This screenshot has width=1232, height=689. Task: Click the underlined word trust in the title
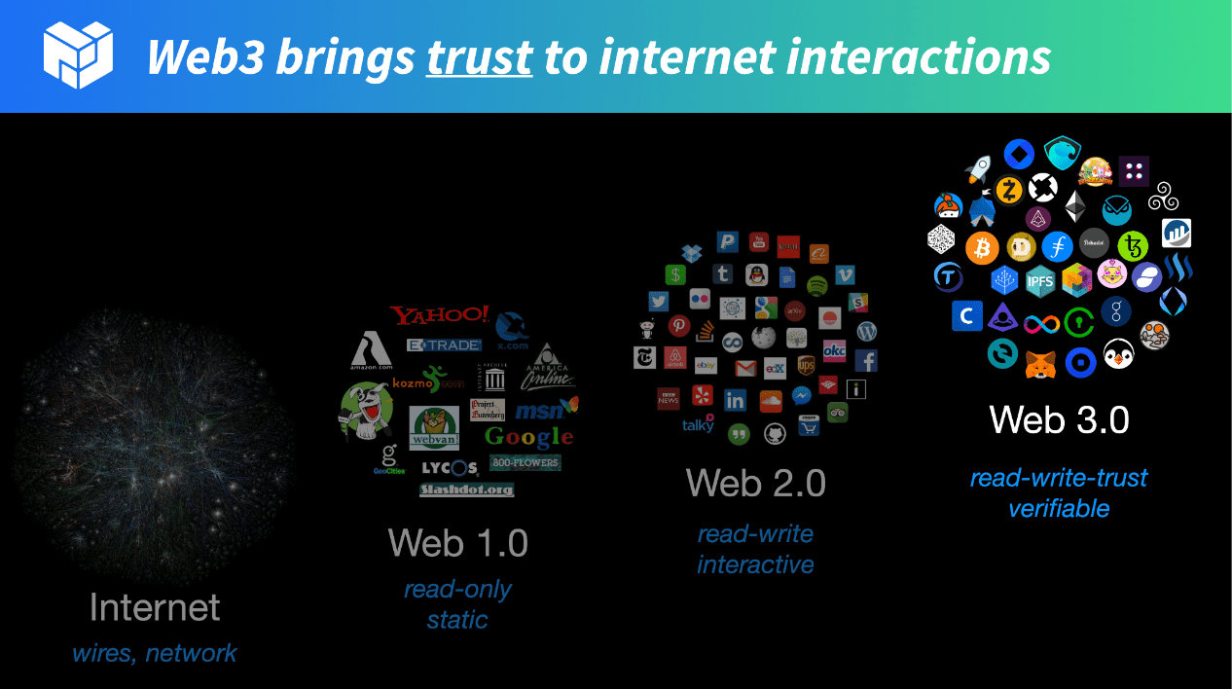tap(480, 58)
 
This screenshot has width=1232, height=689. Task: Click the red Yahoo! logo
tap(440, 315)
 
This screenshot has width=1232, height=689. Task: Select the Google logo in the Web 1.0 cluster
tap(529, 436)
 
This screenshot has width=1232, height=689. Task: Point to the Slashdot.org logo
tap(466, 490)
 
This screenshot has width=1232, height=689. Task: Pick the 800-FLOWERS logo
tap(525, 462)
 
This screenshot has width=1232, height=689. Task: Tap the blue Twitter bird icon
tap(659, 302)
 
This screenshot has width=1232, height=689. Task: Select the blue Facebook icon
tap(865, 361)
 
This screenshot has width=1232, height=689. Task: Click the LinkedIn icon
tap(735, 400)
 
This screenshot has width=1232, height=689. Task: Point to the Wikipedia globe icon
tap(765, 338)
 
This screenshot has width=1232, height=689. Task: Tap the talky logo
tap(698, 424)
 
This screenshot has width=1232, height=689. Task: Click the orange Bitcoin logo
tap(982, 247)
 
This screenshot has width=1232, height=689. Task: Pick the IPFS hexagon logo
tap(1040, 281)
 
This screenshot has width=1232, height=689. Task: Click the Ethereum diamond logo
tap(1075, 206)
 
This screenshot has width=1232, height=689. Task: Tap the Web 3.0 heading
tap(1059, 419)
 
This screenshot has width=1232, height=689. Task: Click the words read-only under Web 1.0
tap(457, 589)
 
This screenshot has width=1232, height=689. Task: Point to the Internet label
tap(155, 607)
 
